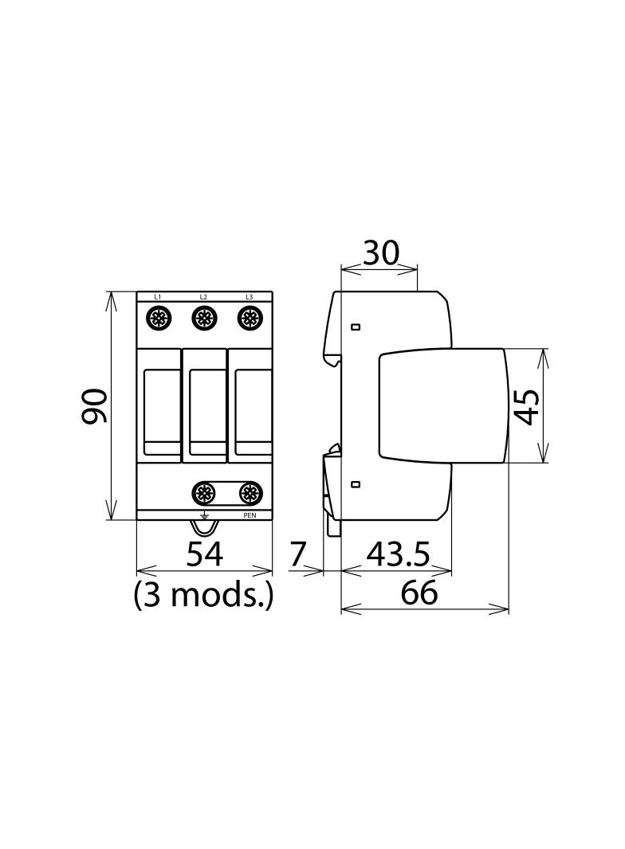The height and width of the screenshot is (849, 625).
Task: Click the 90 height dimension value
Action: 95,405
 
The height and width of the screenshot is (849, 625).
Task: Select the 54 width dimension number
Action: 204,554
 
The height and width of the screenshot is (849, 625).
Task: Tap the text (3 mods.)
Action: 203,595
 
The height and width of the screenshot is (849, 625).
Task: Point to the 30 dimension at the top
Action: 380,252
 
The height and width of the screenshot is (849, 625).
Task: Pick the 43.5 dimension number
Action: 398,554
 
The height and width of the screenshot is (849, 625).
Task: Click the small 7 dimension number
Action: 297,554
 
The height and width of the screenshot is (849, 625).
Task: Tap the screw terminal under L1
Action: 159,318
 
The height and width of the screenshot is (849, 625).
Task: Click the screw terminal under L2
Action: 204,318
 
